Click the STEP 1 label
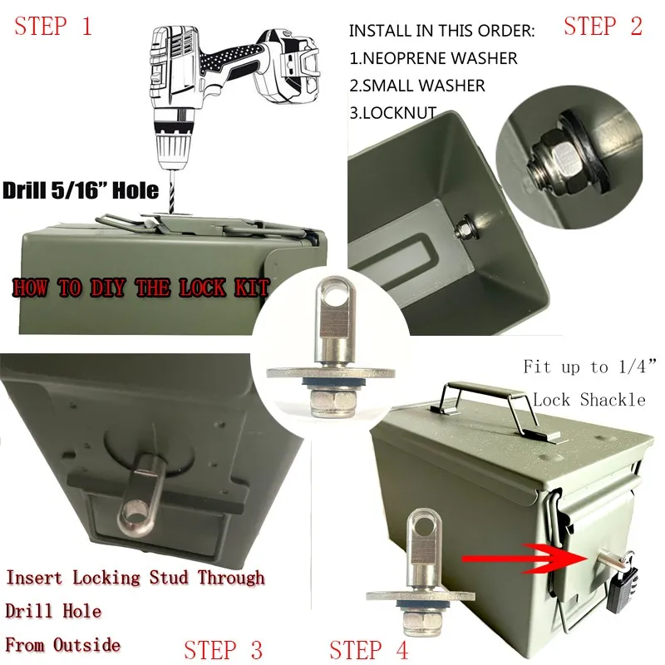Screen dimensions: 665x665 tap(52, 26)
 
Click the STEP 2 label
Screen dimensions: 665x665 tap(603, 26)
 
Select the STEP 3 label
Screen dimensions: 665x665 tap(224, 648)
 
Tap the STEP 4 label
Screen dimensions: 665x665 tap(369, 648)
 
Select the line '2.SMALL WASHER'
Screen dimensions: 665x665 tap(416, 86)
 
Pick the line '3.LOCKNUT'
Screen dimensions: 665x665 tap(392, 113)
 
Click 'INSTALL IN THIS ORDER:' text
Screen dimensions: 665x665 tap(441, 31)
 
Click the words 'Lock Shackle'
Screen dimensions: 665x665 tap(589, 400)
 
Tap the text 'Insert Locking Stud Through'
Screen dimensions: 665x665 tap(135, 578)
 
